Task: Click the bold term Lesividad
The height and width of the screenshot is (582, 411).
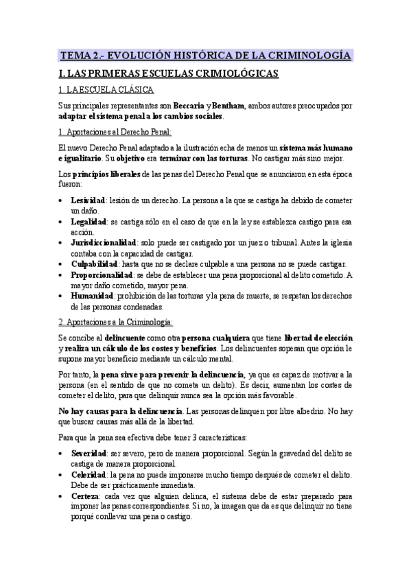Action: [x=88, y=199]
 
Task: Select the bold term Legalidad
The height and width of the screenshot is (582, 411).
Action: [x=89, y=222]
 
